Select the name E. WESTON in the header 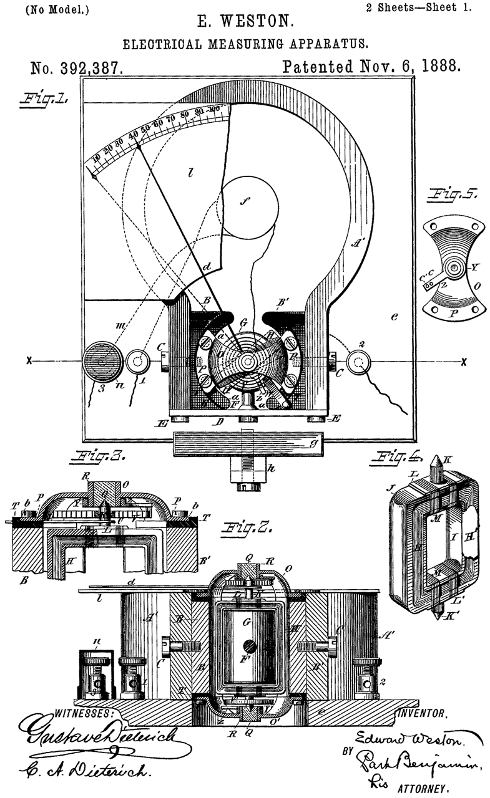point(245,23)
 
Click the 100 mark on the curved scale point(215,110)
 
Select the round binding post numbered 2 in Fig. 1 point(360,361)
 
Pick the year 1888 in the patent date point(434,67)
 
